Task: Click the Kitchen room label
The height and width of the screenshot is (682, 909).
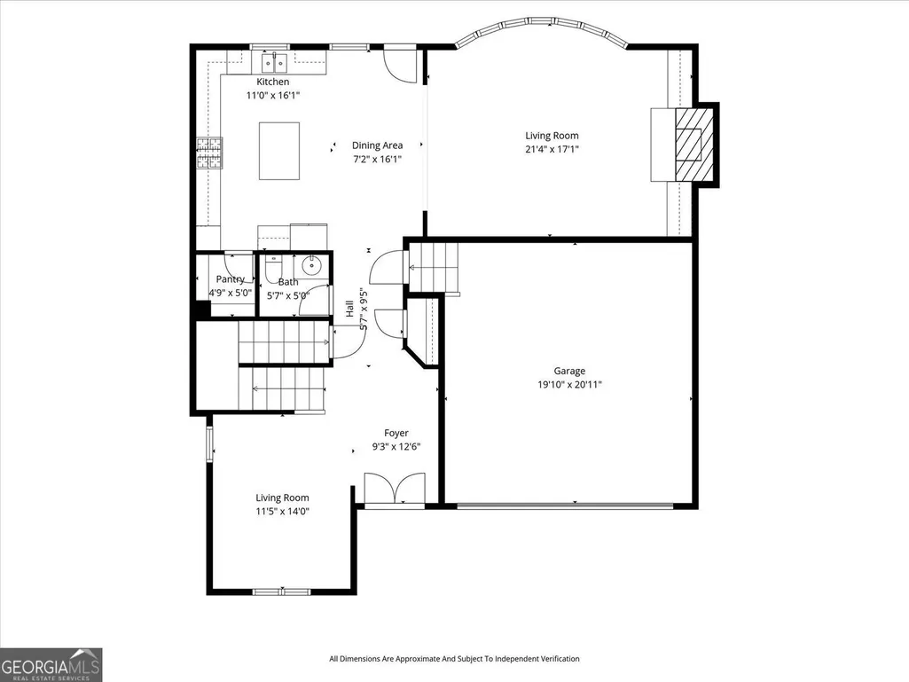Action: coord(272,82)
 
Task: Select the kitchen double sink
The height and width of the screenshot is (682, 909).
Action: coord(274,62)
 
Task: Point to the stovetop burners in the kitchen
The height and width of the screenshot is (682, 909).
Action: coord(209,153)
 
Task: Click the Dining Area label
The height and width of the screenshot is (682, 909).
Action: coord(378,145)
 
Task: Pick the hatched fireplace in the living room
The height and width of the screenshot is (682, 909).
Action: coord(694,144)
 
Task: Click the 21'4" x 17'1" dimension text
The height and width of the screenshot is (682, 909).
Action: coord(552,149)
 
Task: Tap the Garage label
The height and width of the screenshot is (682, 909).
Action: coord(569,372)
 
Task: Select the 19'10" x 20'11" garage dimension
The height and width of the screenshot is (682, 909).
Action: coord(569,385)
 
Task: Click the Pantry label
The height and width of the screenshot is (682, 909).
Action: coord(231,279)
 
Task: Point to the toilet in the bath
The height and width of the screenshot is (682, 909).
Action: coord(272,269)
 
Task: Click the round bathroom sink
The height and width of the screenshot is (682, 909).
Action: coord(312,265)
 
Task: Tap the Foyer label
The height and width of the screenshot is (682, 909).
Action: coord(396,433)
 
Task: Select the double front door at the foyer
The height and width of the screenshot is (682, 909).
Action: coord(395,489)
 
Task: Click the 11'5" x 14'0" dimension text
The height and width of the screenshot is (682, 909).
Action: coord(282,511)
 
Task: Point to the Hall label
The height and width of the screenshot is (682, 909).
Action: coord(349,309)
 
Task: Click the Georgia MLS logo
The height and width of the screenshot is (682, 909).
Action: coord(51,664)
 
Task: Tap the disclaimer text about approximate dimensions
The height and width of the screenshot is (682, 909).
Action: coord(454,659)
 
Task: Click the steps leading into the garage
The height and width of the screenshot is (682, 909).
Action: coord(434,267)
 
